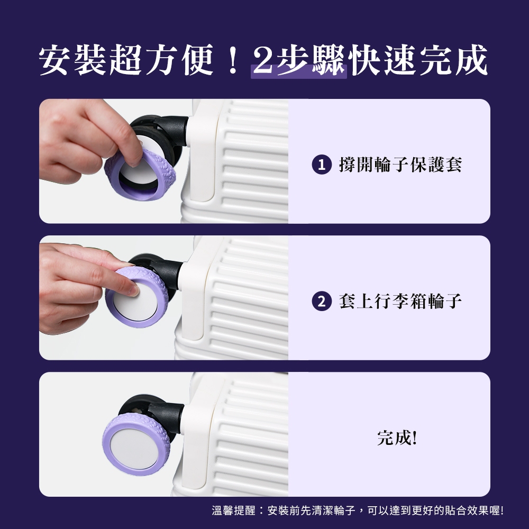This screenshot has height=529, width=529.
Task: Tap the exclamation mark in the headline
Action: pos(232,61)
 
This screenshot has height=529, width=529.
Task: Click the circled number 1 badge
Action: pos(322,165)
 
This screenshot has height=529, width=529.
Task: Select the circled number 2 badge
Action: pos(322,301)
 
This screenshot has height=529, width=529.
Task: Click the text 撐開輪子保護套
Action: pos(400,165)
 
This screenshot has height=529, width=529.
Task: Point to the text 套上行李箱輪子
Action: pos(400,301)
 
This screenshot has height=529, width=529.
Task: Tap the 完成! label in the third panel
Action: pos(397,437)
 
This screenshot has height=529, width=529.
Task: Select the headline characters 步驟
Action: pos(311,60)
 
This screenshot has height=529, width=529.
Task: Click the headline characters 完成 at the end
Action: pos(454,60)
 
